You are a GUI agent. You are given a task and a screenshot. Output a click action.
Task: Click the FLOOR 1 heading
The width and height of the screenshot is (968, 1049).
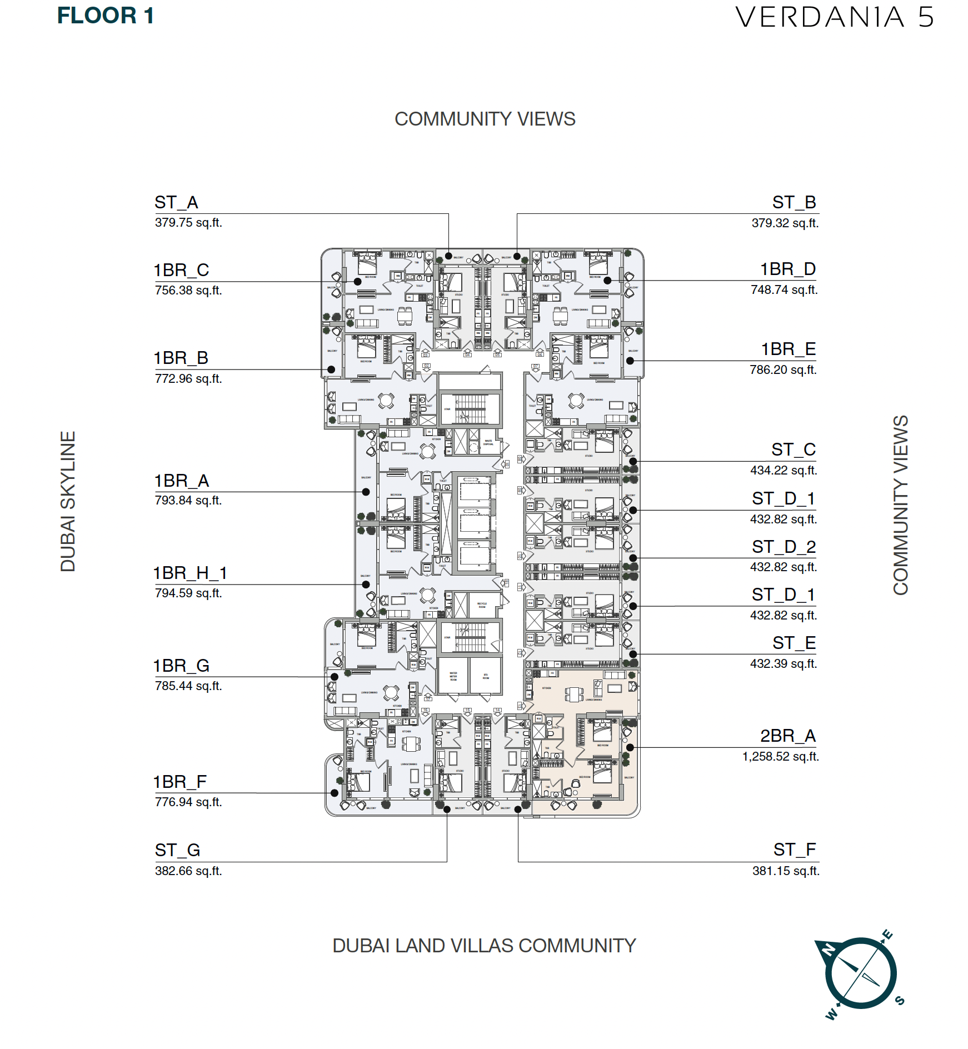[106, 16]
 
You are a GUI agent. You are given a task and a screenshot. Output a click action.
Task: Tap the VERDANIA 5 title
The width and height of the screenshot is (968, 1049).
[834, 17]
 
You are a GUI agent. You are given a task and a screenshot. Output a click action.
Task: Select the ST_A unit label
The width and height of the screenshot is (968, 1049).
[176, 202]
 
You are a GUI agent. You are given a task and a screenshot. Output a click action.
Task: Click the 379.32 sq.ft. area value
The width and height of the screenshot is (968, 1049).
[785, 223]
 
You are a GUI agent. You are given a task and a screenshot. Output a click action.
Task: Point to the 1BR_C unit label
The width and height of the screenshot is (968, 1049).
[181, 271]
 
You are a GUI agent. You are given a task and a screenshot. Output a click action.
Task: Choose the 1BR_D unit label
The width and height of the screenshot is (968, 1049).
[787, 269]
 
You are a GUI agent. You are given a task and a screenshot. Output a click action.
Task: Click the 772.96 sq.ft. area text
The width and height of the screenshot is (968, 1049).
[188, 379]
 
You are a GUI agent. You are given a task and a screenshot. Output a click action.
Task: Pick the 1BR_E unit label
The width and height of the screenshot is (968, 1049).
[788, 349]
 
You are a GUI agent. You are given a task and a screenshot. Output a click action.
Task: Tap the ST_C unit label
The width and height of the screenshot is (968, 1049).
[793, 449]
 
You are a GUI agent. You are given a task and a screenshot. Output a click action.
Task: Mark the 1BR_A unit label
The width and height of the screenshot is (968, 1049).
[181, 481]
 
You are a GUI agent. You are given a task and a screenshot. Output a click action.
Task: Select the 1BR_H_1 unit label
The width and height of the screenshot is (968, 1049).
[190, 573]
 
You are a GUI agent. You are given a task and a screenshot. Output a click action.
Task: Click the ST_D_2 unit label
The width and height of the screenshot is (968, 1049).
[784, 547]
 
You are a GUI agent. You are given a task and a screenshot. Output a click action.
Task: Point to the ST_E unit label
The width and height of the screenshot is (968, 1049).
[794, 643]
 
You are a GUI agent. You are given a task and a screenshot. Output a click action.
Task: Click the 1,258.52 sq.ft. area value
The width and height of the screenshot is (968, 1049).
[780, 757]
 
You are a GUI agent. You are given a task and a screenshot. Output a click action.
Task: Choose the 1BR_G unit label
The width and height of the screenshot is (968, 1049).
[181, 666]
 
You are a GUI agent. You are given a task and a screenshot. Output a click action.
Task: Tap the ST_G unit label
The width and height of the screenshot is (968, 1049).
[177, 851]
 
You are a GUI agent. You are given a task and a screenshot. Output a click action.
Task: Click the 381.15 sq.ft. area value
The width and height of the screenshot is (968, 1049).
[786, 871]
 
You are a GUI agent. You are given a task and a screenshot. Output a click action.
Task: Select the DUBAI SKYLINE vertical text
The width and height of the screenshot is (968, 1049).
[68, 501]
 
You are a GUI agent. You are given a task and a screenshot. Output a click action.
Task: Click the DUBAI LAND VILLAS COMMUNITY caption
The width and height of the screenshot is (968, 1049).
[484, 946]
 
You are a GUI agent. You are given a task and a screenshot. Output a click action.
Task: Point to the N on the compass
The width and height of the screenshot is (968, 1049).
[828, 950]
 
